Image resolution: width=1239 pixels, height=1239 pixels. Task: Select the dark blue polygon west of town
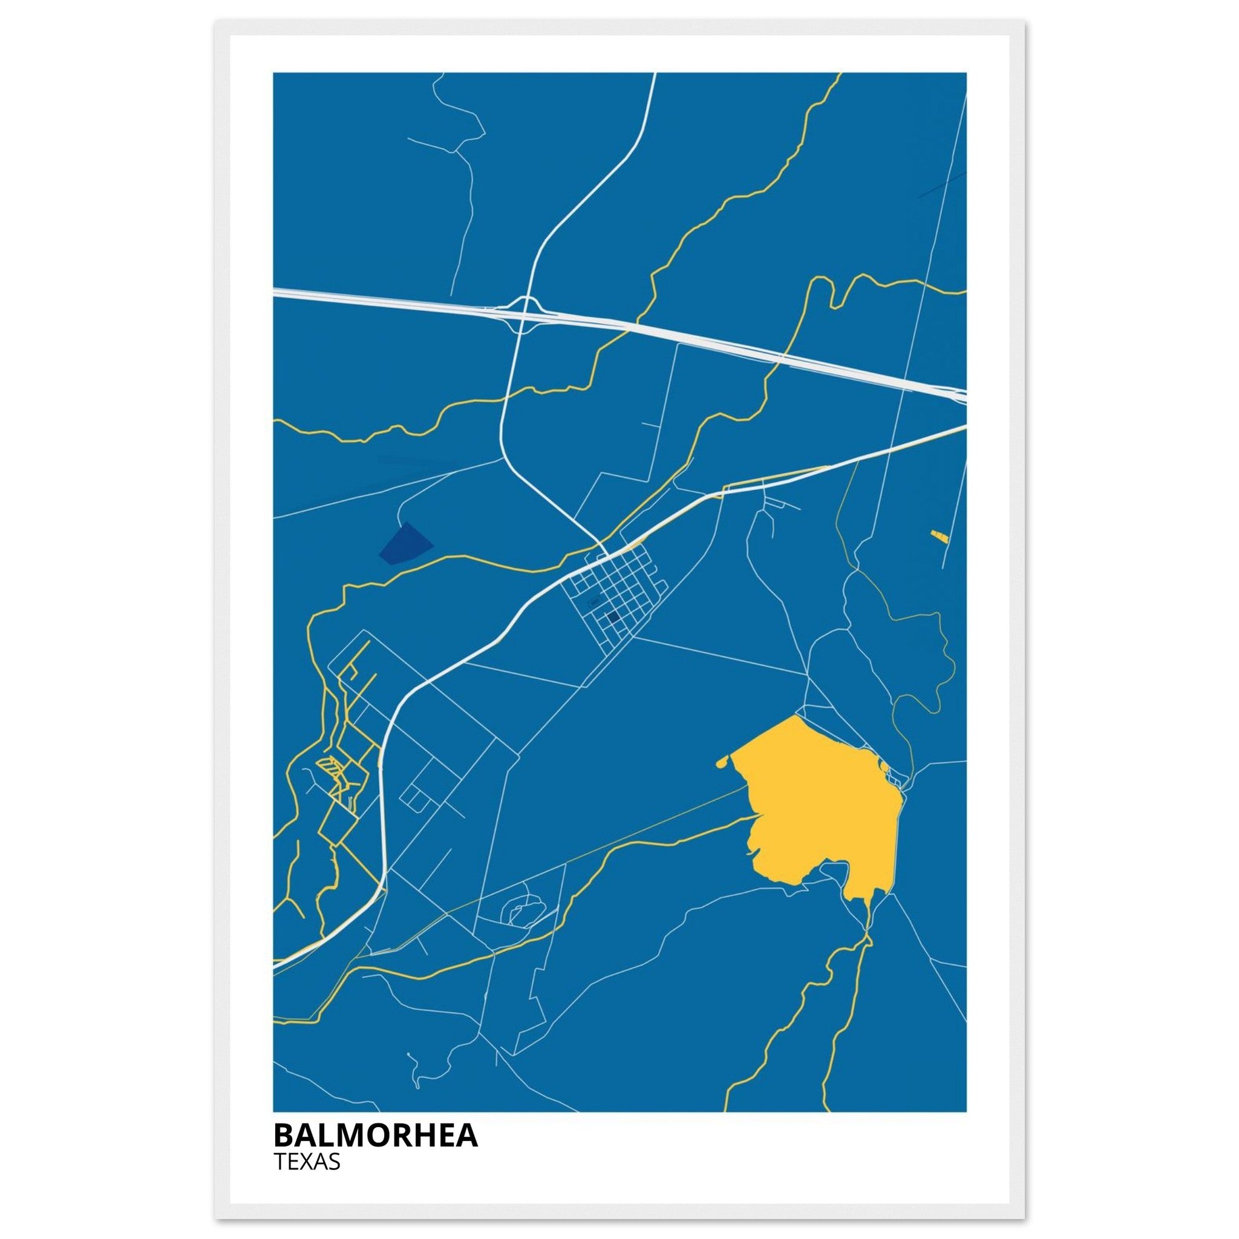point(405,544)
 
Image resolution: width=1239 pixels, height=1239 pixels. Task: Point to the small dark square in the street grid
point(613,616)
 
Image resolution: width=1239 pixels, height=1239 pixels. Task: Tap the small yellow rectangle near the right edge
point(939,534)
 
